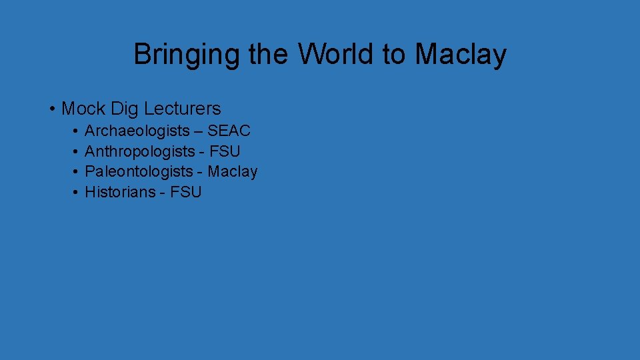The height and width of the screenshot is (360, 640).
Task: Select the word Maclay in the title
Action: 461,55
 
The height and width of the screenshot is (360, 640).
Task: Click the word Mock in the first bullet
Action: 83,108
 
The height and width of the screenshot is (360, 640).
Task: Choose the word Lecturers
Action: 181,108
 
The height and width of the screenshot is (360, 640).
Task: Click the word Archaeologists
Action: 137,131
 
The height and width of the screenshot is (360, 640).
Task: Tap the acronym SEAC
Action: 229,131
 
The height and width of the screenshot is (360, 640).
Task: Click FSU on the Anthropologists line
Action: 225,151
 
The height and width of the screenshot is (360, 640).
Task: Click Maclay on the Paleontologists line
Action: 232,172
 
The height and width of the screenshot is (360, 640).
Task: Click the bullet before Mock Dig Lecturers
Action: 51,108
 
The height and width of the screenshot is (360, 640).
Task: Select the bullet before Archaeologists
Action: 77,131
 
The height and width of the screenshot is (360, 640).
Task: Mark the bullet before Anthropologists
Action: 77,151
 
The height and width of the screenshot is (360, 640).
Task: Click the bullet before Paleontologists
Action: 77,172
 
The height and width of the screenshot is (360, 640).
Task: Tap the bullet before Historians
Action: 77,193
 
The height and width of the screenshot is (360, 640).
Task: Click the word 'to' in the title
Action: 393,55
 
